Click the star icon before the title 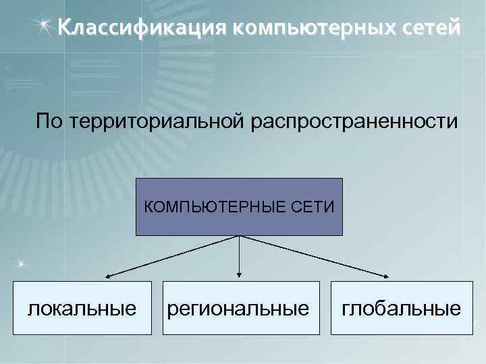coord(44,27)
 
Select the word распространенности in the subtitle coord(354,122)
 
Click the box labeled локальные coord(82,309)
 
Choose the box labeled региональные coord(240,309)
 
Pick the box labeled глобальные coord(401,309)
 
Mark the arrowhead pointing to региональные coord(239,274)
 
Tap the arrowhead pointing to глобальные coord(389,276)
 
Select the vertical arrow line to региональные coord(239,255)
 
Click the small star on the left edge coord(21,261)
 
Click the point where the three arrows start coord(239,236)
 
